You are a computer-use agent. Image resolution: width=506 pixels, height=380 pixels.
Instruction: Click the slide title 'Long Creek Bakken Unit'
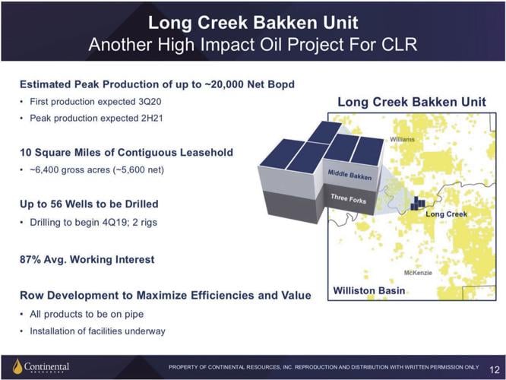point(252,22)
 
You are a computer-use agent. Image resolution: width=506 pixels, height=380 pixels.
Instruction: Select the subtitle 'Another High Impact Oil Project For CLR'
point(252,45)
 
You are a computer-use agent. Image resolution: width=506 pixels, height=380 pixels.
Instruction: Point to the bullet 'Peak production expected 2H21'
point(84,118)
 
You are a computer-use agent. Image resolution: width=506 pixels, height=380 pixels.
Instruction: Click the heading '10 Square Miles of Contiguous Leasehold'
point(126,153)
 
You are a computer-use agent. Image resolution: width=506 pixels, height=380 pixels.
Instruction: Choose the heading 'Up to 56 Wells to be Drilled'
point(89,204)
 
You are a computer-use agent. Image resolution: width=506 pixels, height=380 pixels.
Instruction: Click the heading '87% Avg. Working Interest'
point(87,260)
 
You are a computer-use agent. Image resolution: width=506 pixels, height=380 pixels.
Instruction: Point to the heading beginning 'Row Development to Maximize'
point(165,295)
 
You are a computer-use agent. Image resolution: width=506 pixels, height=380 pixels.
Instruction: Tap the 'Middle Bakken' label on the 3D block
point(350,175)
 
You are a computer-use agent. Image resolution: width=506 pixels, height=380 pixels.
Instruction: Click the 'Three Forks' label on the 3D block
point(349,198)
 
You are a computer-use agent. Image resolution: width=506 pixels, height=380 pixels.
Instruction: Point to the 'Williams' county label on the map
point(402,140)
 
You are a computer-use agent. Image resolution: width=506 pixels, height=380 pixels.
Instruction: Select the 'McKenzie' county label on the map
point(419,272)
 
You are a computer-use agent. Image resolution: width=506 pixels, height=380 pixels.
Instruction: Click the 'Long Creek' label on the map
point(447,214)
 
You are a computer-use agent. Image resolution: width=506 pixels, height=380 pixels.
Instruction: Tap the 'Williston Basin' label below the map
point(369,292)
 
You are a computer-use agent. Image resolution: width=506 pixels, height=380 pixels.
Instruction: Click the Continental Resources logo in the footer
point(41,367)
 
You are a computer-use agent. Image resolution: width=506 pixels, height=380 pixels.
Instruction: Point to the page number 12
point(495,368)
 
